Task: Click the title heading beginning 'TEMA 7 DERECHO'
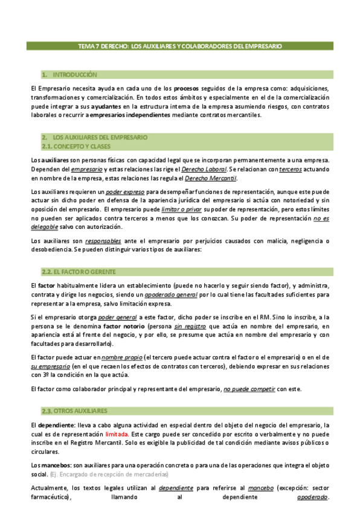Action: click(180, 46)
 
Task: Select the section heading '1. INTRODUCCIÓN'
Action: click(69, 75)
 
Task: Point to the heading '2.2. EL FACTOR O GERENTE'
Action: click(79, 272)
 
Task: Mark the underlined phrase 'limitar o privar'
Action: click(181, 209)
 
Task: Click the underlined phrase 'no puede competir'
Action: click(249, 389)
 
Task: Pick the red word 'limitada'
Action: click(117, 434)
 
